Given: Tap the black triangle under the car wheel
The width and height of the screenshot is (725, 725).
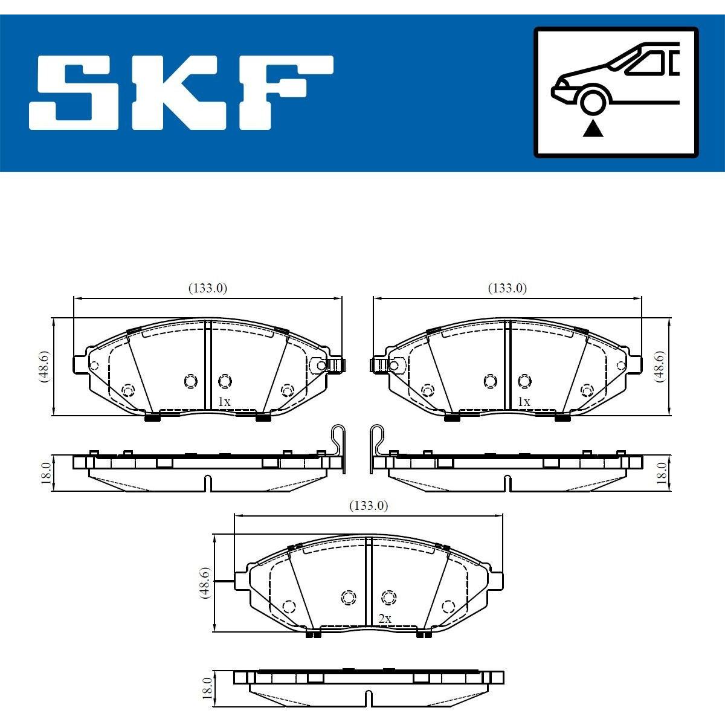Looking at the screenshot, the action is click(593, 130).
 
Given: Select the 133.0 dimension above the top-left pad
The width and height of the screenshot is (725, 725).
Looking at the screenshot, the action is click(208, 288).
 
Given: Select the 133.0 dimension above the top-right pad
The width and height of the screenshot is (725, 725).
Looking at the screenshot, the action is click(507, 288).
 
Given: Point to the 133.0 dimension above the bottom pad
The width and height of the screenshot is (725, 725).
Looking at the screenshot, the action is click(369, 506).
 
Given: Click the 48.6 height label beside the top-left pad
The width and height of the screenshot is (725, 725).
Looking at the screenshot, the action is click(44, 367).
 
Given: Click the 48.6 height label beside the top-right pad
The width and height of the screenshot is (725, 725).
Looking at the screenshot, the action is click(661, 367).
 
